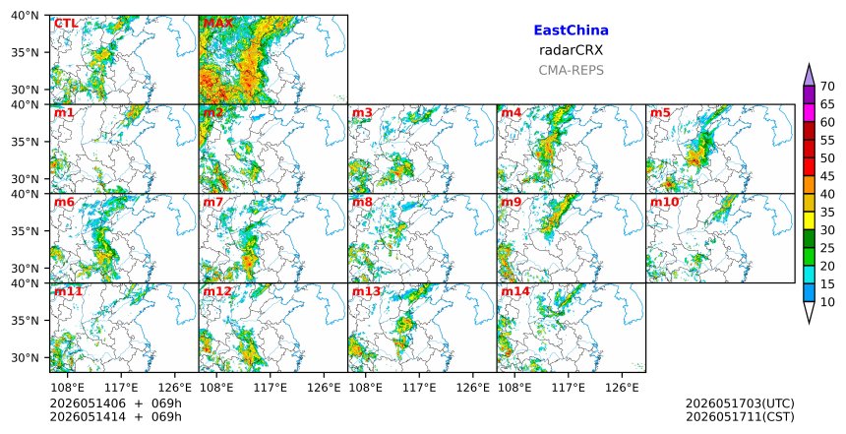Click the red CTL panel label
[66, 24]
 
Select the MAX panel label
[218, 24]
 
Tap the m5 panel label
[660, 113]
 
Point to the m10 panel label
[664, 203]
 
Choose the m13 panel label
[366, 291]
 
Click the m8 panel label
[362, 203]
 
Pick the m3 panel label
[362, 113]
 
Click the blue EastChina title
[571, 31]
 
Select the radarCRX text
[571, 50]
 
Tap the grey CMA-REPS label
[571, 70]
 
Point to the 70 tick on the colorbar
[826, 87]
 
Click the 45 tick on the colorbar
[826, 176]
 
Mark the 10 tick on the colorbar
[826, 302]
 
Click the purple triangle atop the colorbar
[809, 76]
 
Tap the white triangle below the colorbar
[809, 312]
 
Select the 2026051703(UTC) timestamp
[740, 403]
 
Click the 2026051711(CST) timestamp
[740, 417]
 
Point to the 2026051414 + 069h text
[115, 416]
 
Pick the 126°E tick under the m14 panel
[622, 388]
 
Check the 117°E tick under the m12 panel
[270, 388]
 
